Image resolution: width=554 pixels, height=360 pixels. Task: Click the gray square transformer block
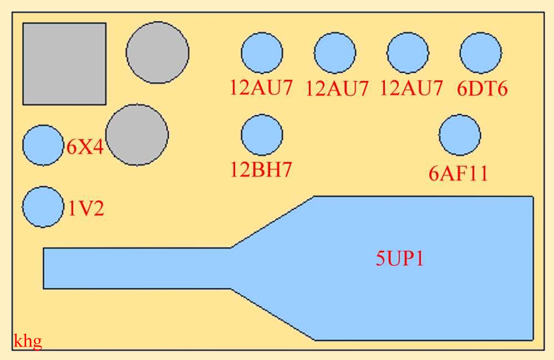64,64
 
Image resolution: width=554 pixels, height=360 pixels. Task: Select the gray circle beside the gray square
157,52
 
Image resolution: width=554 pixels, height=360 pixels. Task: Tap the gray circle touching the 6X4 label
137,135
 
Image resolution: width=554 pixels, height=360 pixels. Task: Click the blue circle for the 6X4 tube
43,145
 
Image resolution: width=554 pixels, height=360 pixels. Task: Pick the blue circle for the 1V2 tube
43,207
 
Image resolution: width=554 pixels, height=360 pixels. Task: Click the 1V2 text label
86,208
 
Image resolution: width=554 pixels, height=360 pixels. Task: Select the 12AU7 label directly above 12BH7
261,87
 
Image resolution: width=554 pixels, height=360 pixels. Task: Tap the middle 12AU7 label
337,88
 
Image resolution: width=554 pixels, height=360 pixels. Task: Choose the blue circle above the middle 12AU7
335,53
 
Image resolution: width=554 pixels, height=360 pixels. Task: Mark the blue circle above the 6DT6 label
481,53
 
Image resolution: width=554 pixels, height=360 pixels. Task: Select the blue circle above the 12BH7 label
262,135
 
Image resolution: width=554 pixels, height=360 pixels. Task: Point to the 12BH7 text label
261,170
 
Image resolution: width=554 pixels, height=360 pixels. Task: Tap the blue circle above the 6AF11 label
459,135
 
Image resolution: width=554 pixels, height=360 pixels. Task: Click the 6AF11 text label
458,173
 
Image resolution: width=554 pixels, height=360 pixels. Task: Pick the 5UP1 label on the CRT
400,259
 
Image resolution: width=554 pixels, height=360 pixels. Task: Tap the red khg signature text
28,341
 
